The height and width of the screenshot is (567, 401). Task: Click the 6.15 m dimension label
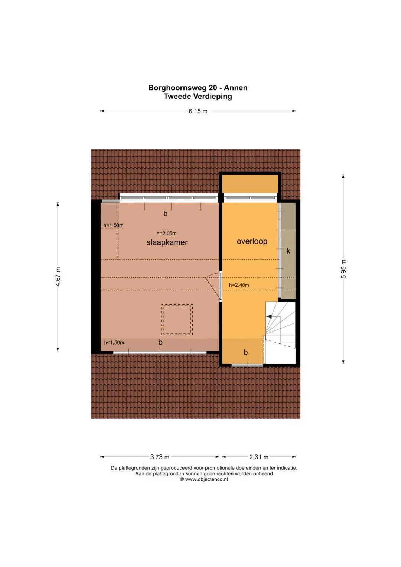click(x=198, y=111)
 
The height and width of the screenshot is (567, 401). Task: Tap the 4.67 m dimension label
click(x=58, y=277)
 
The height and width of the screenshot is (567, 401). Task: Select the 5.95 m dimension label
click(x=343, y=269)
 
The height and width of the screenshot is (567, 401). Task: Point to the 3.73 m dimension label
click(x=160, y=457)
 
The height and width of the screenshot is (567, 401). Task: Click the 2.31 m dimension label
click(x=259, y=457)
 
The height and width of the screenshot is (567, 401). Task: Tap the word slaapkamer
click(x=167, y=242)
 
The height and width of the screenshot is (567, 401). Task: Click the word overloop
click(x=252, y=241)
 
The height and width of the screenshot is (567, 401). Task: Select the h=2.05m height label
click(x=166, y=234)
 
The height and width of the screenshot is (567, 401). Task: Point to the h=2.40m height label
click(x=239, y=285)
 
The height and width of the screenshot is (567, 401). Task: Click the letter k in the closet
click(x=288, y=251)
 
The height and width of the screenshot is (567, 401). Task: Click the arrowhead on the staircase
click(x=269, y=316)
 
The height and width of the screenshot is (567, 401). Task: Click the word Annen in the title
click(x=236, y=88)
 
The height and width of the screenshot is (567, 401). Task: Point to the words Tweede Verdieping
click(x=198, y=97)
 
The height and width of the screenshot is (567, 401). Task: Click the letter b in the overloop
click(x=245, y=352)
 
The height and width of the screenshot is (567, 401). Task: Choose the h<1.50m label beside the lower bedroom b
click(x=114, y=343)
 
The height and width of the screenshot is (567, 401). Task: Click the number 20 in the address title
click(x=213, y=88)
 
